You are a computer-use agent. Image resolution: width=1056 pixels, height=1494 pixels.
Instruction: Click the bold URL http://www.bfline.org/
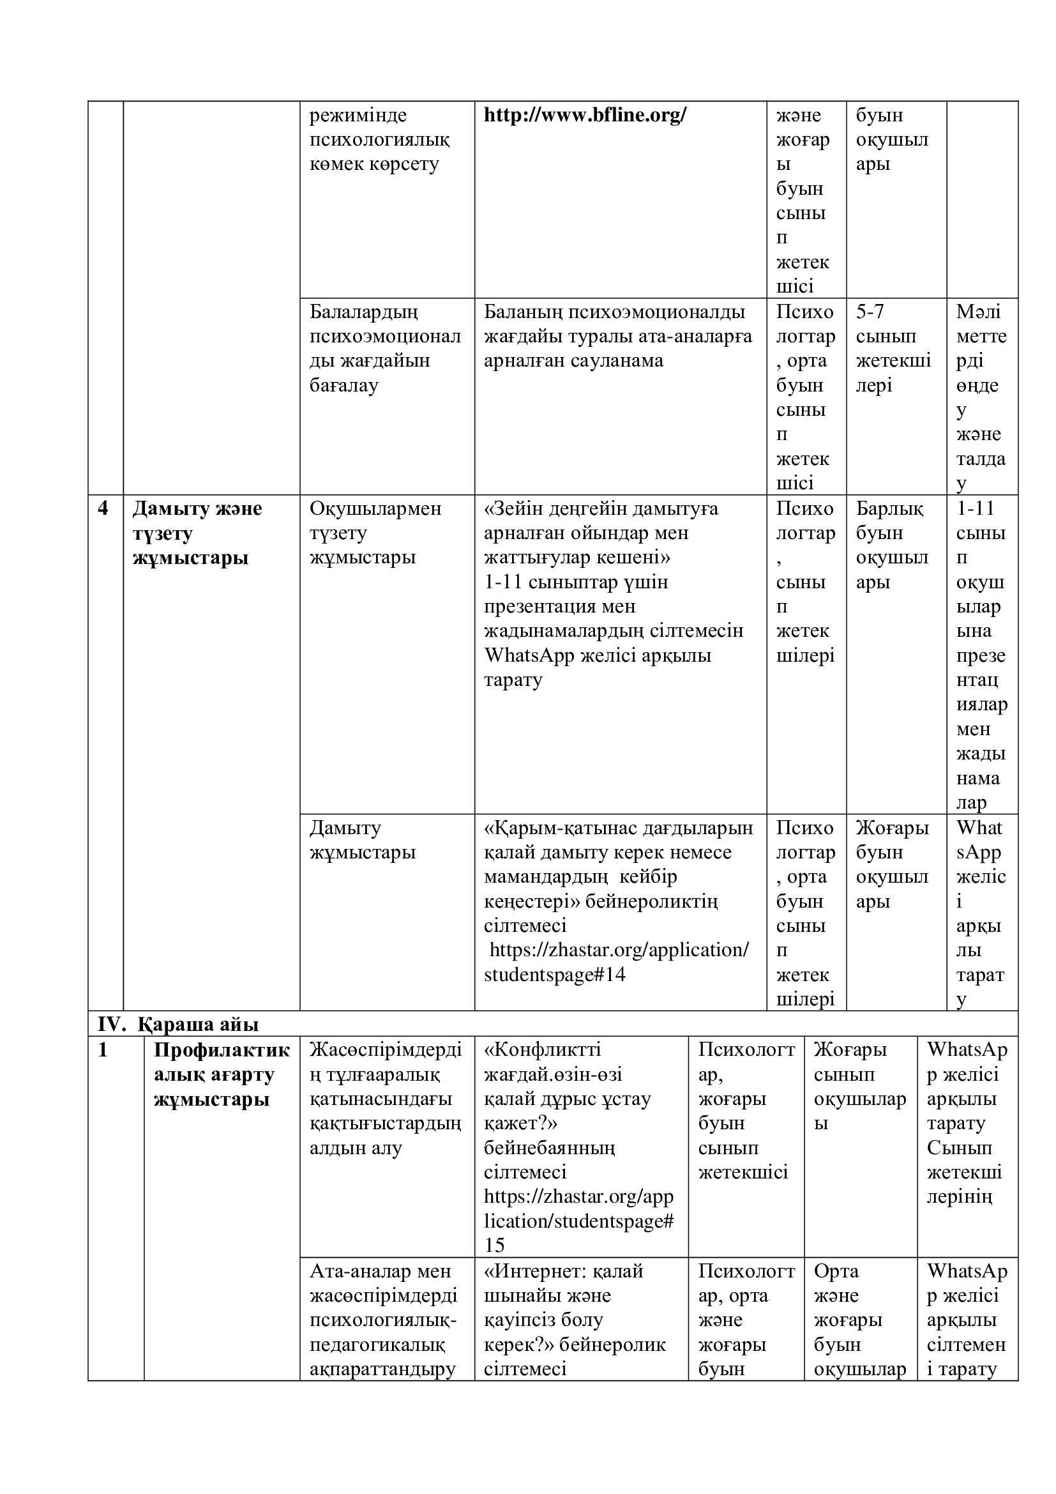(x=585, y=115)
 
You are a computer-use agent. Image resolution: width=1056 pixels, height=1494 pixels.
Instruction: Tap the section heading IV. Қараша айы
(x=178, y=1024)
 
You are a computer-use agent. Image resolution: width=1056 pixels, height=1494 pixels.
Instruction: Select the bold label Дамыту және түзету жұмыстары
(x=197, y=533)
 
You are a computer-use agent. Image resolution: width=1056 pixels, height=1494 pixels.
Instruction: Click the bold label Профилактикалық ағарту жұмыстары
(x=221, y=1074)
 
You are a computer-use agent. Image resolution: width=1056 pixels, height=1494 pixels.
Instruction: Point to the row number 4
(x=103, y=508)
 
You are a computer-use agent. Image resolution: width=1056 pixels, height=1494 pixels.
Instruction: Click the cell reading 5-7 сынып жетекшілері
(x=893, y=348)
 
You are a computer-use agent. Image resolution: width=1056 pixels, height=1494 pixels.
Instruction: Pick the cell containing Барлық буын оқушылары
(x=891, y=545)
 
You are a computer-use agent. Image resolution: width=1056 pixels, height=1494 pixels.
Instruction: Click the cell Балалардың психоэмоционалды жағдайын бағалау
(x=385, y=348)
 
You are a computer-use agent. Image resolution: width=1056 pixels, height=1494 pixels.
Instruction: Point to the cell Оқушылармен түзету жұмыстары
(x=375, y=533)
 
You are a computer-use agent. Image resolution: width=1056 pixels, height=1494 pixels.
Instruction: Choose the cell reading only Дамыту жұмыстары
(x=362, y=840)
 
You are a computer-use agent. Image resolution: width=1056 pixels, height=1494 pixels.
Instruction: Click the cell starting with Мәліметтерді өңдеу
(x=981, y=397)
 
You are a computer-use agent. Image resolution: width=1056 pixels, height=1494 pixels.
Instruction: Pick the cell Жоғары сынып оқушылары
(x=859, y=1086)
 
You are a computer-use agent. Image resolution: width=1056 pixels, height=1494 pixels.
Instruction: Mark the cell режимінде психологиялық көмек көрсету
(x=379, y=139)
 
